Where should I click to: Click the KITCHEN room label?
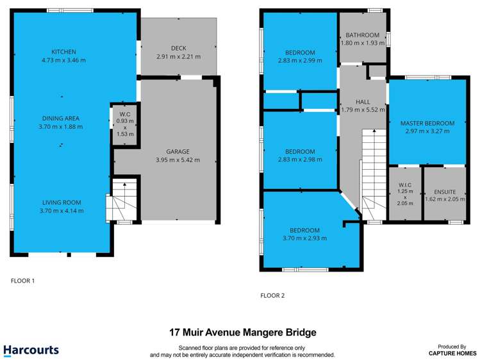pyautogui.click(x=64, y=52)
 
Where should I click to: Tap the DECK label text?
pyautogui.click(x=178, y=48)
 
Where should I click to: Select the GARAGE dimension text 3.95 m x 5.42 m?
pyautogui.click(x=178, y=160)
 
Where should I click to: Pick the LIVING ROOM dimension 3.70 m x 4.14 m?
pyautogui.click(x=62, y=211)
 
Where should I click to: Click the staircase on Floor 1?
pyautogui.click(x=124, y=199)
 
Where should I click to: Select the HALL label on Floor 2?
pyautogui.click(x=362, y=101)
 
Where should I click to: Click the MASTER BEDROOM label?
pyautogui.click(x=427, y=123)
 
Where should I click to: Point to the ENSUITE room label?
pyautogui.click(x=444, y=191)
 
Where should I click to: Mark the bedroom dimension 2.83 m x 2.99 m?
pyautogui.click(x=300, y=61)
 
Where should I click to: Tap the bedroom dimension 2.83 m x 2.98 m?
pyautogui.click(x=300, y=160)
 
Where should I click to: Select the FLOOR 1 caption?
pyautogui.click(x=23, y=281)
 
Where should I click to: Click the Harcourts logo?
pyautogui.click(x=31, y=350)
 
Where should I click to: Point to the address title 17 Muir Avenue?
pyautogui.click(x=242, y=332)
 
